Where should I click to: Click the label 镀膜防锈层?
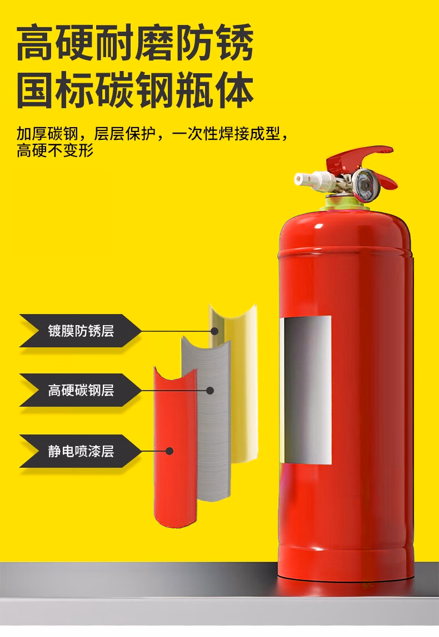click(x=81, y=331)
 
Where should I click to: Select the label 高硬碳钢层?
click(x=81, y=391)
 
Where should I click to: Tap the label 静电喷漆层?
click(x=81, y=451)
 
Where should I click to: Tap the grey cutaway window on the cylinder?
click(x=306, y=390)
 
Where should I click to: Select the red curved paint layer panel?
click(x=175, y=447)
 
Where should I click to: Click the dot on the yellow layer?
click(x=215, y=331)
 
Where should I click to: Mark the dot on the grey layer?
click(x=210, y=391)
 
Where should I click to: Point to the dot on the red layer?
click(x=169, y=451)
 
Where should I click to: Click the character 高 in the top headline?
click(x=34, y=42)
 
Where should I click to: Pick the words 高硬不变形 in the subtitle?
click(x=55, y=151)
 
